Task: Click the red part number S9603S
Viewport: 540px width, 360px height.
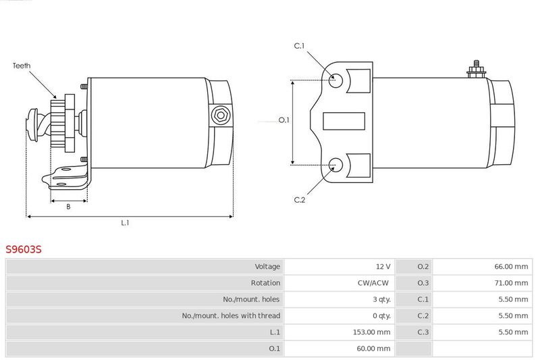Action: [24, 249]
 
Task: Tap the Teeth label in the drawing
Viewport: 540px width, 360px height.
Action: [22, 66]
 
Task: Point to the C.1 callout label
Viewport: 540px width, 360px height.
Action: [299, 46]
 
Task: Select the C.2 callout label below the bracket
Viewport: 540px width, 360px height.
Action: [299, 200]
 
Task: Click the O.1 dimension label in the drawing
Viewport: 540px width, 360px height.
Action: [284, 120]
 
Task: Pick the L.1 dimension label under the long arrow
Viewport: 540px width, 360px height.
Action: [125, 223]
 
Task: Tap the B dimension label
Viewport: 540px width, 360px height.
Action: [68, 207]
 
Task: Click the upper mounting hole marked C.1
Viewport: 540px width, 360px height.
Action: [335, 80]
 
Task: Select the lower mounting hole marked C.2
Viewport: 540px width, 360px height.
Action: [335, 165]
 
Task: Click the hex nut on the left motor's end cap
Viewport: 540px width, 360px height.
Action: [221, 115]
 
